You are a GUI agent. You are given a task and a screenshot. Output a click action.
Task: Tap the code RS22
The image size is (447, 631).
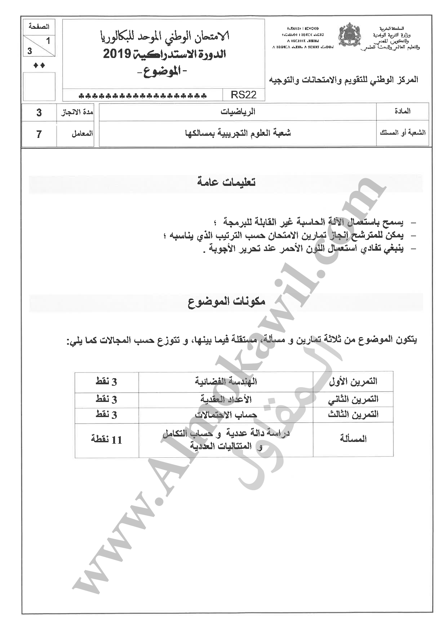(x=243, y=95)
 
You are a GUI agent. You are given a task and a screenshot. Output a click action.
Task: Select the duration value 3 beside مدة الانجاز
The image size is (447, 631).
(x=39, y=113)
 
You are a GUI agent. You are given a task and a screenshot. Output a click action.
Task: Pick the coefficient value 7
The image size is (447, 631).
(x=39, y=134)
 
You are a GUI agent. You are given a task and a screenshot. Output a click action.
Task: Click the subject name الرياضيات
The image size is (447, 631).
(x=238, y=112)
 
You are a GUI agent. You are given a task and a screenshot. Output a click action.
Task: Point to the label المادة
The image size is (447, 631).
(x=402, y=111)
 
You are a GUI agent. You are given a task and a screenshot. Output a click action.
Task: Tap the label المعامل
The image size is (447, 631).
(x=82, y=134)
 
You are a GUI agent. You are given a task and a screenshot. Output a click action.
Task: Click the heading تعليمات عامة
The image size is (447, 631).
(x=226, y=182)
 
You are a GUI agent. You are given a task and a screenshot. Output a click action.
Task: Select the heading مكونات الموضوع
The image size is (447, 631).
(x=226, y=301)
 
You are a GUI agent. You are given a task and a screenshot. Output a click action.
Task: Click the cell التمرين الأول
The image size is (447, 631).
(x=353, y=381)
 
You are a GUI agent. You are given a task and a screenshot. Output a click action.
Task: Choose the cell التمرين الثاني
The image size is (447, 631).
(x=353, y=399)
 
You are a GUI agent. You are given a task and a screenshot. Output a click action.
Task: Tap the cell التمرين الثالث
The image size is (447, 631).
(x=353, y=415)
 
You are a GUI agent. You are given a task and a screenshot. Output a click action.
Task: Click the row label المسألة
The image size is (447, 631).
(x=353, y=439)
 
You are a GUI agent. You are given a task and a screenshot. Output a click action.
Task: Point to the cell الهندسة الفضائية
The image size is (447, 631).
(x=226, y=381)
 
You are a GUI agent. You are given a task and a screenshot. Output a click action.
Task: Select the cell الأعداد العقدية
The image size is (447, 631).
(x=226, y=399)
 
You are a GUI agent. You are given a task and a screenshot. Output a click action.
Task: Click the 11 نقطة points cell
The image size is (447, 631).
(x=107, y=439)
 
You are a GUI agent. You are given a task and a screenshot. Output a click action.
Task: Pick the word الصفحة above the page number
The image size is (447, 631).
(x=39, y=27)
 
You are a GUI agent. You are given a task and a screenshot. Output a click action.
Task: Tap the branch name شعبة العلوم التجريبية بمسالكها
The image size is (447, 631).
(x=238, y=133)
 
